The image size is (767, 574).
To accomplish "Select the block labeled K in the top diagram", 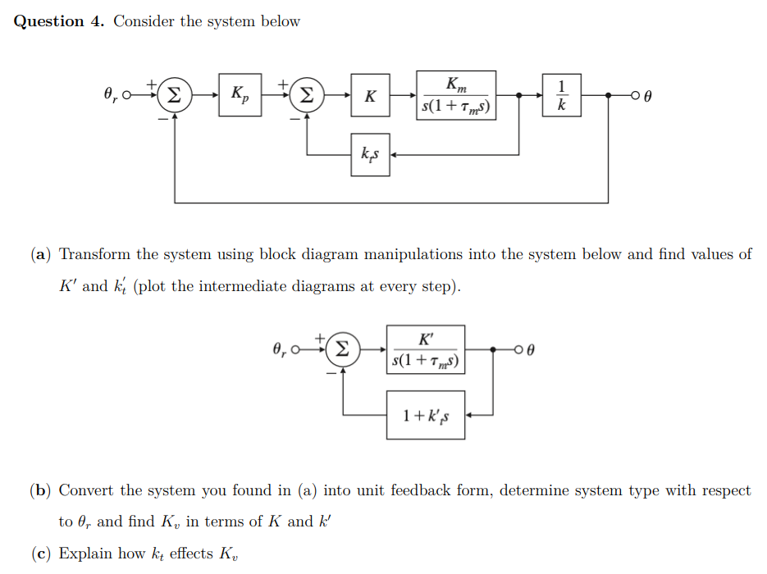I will pos(370,95).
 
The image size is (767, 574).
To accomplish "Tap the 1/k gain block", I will pos(561,95).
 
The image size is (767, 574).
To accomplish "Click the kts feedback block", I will pos(369,154).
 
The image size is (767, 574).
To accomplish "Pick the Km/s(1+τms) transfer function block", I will pos(456,95).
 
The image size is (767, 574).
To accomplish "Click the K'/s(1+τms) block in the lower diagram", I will pos(427,350).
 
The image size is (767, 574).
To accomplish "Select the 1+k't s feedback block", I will pos(426,415).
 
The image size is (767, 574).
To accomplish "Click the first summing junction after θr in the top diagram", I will pos(173,95).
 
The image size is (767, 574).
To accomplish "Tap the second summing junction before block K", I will pos(305,95).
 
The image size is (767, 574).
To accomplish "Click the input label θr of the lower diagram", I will pos(279,351).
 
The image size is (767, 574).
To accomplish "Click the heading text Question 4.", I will pos(60,21).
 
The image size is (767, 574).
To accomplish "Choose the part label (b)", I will pos(41,490).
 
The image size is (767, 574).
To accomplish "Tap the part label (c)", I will pos(41,553).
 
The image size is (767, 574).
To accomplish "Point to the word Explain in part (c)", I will pos(84,553).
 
